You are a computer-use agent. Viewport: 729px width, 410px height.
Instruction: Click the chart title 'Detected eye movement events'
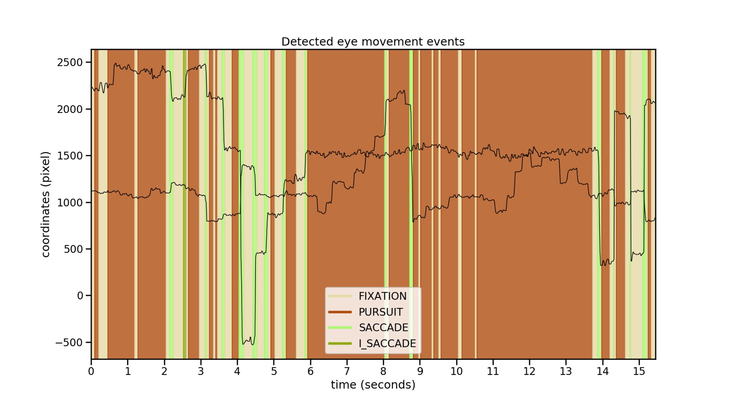[373, 42]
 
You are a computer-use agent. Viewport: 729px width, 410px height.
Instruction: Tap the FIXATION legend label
[382, 296]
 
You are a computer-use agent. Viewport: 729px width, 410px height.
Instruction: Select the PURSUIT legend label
[381, 312]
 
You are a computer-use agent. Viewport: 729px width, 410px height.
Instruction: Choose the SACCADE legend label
[383, 328]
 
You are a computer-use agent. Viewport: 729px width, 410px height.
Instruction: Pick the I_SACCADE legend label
[387, 343]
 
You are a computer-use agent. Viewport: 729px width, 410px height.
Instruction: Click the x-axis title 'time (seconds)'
[373, 385]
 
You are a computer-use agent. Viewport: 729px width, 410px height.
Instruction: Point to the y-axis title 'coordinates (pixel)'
[45, 204]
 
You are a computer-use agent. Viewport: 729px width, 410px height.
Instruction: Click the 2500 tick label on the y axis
[70, 62]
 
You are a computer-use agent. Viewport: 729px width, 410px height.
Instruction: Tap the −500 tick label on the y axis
[68, 342]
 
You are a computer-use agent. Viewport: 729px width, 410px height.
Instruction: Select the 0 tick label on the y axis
[80, 296]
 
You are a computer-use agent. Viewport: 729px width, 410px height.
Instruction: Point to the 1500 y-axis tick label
[70, 156]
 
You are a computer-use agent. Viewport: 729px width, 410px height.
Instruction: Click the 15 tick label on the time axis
[639, 371]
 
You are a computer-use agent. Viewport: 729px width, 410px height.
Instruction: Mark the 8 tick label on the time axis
[383, 371]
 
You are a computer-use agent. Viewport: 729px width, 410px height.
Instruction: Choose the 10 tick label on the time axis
[456, 371]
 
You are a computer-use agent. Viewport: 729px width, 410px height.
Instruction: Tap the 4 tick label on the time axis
[237, 371]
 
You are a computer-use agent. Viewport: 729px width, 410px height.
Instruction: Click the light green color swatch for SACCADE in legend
[340, 328]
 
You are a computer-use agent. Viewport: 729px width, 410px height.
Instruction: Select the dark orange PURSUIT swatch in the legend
[340, 312]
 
